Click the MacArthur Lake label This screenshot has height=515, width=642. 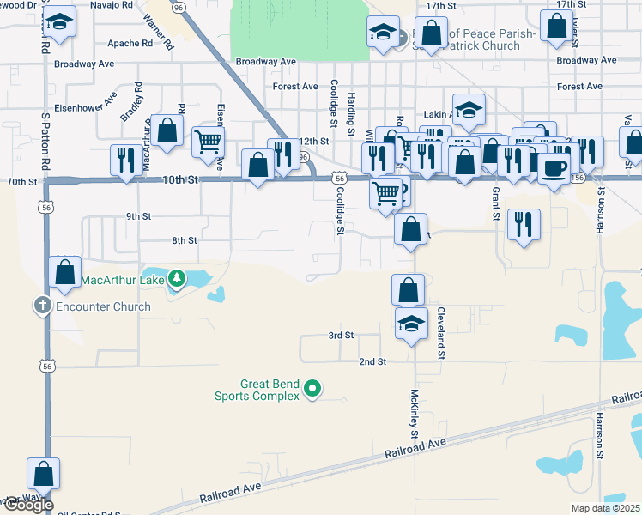tap(123, 278)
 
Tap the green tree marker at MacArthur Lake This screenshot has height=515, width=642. tap(176, 278)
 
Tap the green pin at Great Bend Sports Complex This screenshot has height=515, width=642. tap(313, 390)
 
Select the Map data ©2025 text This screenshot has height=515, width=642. tap(606, 508)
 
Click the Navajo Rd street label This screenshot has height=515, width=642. tap(115, 4)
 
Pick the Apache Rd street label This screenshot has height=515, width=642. tap(129, 42)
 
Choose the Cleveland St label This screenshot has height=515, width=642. tap(441, 332)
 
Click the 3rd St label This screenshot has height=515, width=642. tap(341, 335)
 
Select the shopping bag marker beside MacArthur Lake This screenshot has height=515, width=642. tap(65, 272)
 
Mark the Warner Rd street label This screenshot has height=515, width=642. tap(159, 30)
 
